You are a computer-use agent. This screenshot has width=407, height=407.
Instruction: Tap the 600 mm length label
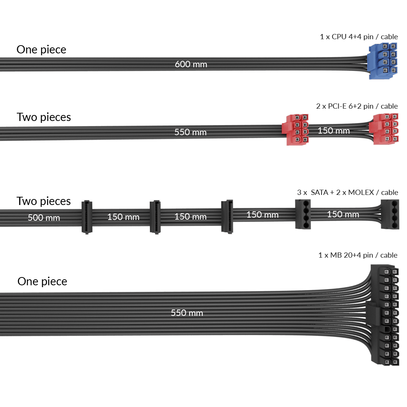191,64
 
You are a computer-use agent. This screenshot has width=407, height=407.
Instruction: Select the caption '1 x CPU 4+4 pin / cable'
359,37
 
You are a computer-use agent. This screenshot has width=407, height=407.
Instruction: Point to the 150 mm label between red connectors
334,131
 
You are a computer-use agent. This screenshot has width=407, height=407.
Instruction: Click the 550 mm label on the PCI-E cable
190,132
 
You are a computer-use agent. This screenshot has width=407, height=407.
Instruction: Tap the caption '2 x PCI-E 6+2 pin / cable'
357,106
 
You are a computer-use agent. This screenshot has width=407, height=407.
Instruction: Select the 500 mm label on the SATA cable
44,217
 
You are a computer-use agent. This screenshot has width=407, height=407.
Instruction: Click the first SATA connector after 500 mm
86,217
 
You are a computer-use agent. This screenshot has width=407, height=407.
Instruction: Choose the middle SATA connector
155,217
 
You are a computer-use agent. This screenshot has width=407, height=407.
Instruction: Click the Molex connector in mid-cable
303,214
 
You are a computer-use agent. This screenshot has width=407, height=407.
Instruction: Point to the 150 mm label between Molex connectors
343,214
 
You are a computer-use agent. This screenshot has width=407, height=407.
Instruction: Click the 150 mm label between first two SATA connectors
123,217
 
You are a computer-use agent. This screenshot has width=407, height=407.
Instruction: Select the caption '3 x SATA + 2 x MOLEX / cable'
347,193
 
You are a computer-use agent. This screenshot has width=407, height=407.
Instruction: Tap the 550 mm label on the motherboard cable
187,313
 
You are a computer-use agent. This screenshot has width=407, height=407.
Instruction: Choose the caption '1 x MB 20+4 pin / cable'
358,255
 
